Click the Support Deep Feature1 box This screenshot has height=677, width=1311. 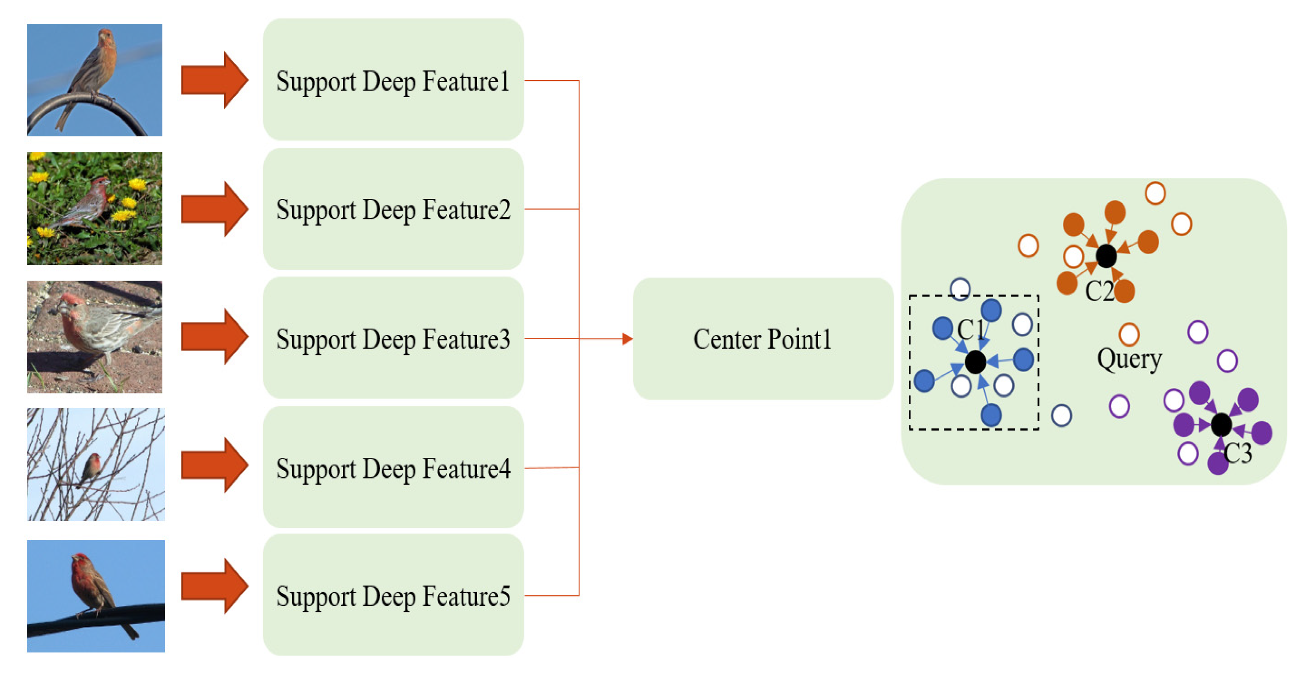[393, 80]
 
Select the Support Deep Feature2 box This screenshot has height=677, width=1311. [393, 209]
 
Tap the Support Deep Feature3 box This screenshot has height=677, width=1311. [393, 338]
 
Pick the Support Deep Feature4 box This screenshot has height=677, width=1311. [393, 467]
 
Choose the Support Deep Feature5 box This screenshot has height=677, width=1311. [393, 595]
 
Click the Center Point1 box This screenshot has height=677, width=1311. [762, 338]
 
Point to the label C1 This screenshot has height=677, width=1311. [970, 329]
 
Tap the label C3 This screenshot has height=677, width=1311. [1237, 453]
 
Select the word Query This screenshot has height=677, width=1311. [1129, 359]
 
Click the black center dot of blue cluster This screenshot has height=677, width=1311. [975, 362]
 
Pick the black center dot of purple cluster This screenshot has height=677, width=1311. [1221, 424]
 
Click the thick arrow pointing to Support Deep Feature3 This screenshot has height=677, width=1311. [214, 337]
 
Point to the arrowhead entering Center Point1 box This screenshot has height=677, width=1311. [627, 339]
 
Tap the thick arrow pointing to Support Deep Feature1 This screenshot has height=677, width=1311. [214, 80]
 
